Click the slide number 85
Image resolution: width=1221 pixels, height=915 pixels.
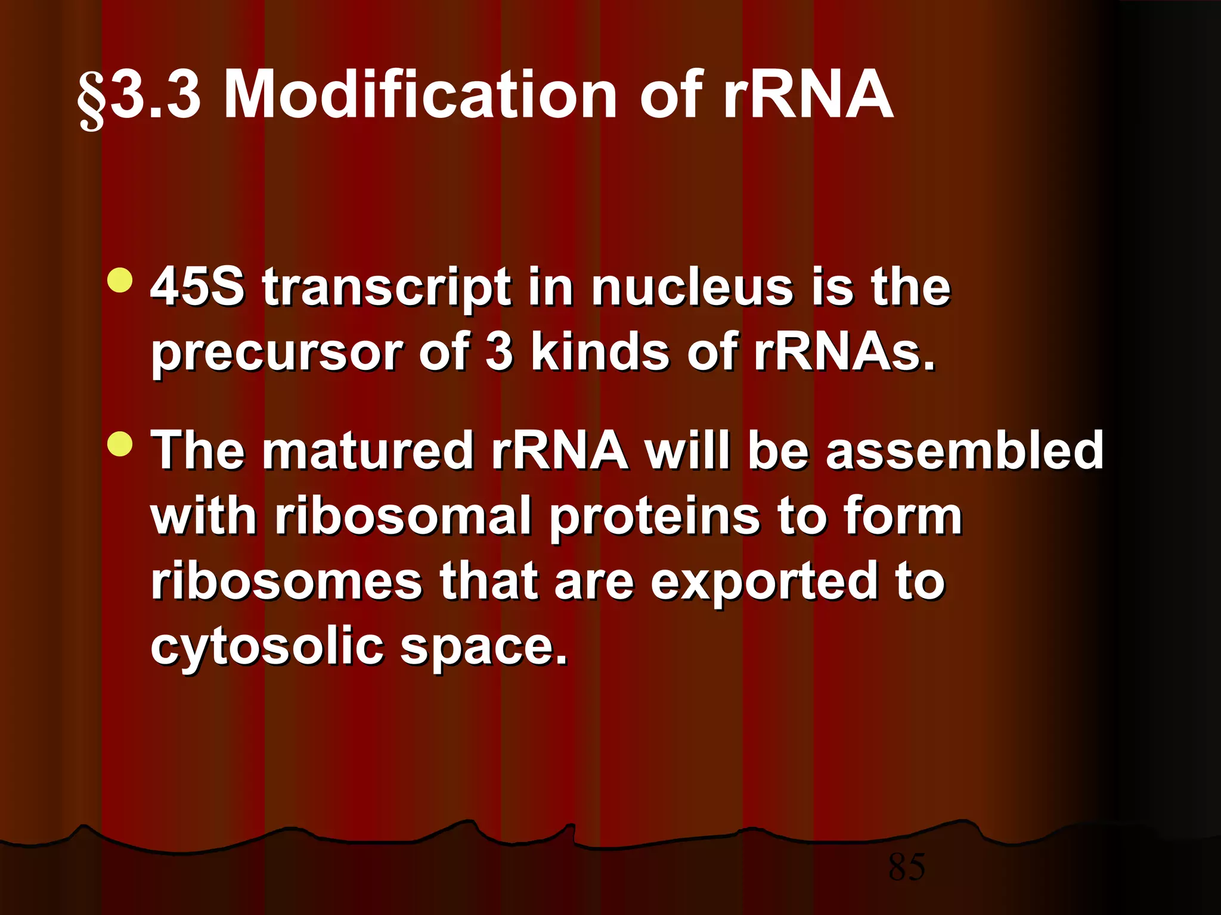(x=906, y=867)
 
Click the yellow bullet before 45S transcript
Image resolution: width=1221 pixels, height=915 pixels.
(x=121, y=281)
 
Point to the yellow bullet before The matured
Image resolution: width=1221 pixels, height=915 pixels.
(x=121, y=444)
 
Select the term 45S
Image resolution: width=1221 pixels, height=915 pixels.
(x=197, y=287)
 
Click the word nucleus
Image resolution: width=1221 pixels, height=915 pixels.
(x=692, y=287)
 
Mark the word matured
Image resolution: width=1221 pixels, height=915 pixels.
(x=368, y=450)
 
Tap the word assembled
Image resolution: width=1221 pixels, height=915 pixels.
(x=965, y=450)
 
